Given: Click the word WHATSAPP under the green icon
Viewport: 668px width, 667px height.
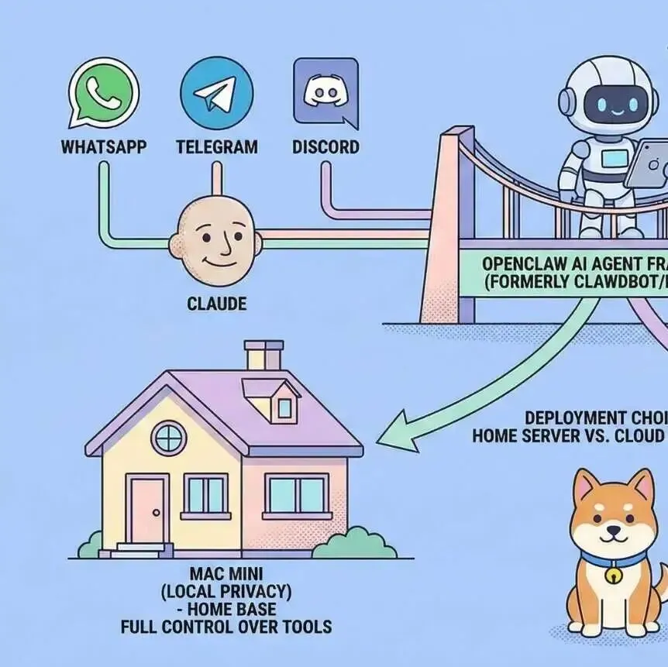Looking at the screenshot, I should coord(103,146).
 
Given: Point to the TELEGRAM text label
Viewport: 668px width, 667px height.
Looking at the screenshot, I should coord(216,146).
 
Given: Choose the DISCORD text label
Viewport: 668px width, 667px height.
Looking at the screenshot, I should coord(325,146).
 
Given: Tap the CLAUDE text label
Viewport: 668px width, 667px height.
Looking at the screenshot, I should coord(217,303).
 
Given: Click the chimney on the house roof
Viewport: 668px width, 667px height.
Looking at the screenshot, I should coord(263,354).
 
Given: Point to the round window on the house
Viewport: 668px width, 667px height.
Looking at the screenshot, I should coord(169,438).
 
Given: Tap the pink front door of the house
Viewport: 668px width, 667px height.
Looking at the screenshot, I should coord(148,511).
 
